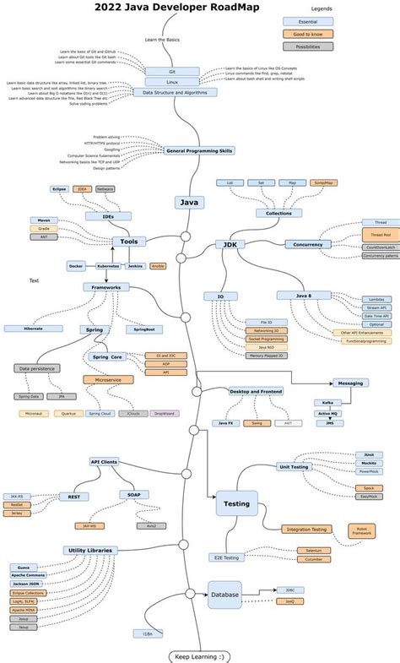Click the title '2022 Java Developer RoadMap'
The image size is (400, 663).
[x=165, y=8]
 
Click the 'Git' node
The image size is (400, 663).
[x=171, y=72]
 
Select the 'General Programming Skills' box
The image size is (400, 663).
[x=199, y=150]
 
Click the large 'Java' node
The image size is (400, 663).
[x=190, y=202]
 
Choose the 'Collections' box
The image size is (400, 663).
[x=278, y=213]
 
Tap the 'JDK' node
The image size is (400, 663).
[x=229, y=244]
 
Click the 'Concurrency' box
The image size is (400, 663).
[x=309, y=244]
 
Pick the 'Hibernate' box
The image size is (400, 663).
[x=33, y=328]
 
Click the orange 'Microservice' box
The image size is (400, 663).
[x=108, y=379]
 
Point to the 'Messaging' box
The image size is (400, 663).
[x=350, y=383]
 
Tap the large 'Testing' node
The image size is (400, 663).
[x=235, y=503]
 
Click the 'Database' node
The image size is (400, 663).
[x=224, y=595]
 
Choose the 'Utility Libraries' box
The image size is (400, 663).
[x=89, y=550]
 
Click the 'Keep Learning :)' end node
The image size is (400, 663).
[x=200, y=655]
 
